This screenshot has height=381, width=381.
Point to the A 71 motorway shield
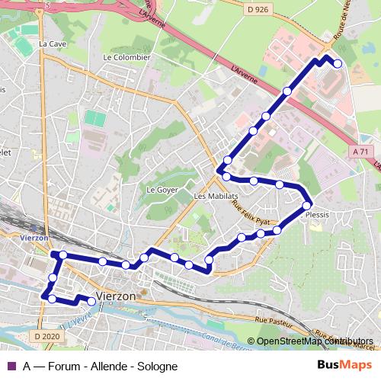coord(361,152)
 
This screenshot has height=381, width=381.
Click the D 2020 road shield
coord(47,335)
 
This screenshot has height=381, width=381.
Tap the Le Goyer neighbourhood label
coord(161,189)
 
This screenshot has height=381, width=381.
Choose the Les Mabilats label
coord(211,196)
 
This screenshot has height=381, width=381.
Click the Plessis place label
coord(316,215)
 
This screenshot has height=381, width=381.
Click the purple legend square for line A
coord(10,366)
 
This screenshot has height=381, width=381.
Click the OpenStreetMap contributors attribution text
coord(314,341)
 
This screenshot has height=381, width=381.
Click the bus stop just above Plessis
coord(307,205)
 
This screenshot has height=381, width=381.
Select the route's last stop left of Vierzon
coord(91,302)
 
